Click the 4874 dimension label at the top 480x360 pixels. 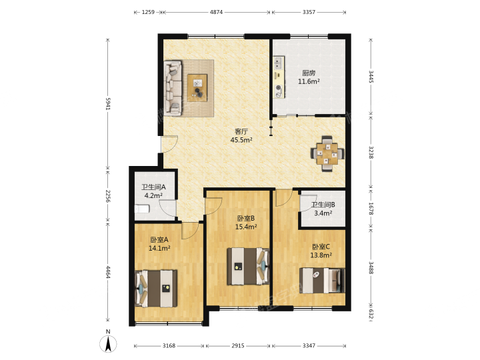pos(216,12)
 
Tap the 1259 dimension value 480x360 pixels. pos(148,12)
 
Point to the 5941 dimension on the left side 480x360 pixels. pos(108,104)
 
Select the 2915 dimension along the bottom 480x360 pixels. pos(238,345)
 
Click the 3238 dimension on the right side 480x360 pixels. pos(371,152)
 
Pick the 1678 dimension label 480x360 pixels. pos(371,209)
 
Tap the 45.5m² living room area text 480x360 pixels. pos(241,140)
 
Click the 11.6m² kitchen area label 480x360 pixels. pos(309,81)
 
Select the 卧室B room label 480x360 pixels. pos(246,218)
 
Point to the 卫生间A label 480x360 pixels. pos(153,187)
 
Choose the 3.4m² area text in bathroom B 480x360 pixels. pos(323,213)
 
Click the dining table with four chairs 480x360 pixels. pos(327,154)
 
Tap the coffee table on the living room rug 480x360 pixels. pos(197,87)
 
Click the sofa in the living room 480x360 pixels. pos(173,88)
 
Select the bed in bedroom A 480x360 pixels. pos(156,289)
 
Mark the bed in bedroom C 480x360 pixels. pos(322,281)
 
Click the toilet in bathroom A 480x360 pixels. pos(142,209)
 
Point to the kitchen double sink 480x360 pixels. pos(279,63)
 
